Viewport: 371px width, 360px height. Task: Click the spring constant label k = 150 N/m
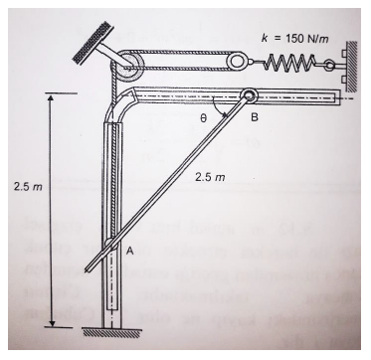click(x=295, y=39)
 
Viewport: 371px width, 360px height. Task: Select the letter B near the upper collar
click(x=255, y=117)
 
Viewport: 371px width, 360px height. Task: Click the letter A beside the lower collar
click(x=129, y=253)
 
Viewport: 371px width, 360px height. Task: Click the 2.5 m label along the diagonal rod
click(x=210, y=178)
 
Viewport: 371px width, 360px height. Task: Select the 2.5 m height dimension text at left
click(x=28, y=187)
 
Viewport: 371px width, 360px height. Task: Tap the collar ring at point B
click(x=250, y=96)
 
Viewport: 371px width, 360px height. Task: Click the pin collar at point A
click(x=110, y=245)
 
